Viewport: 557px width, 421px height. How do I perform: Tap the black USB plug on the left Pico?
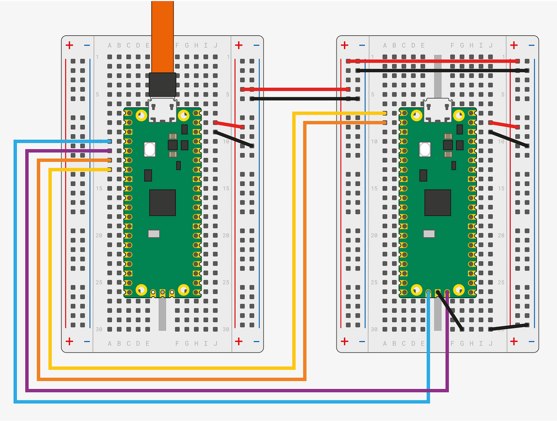(x=163, y=85)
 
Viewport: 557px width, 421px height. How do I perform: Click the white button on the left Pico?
(x=150, y=149)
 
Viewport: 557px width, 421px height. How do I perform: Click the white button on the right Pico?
(x=425, y=149)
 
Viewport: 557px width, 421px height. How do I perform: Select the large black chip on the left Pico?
(x=163, y=203)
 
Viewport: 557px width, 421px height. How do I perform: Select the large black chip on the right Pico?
(x=438, y=203)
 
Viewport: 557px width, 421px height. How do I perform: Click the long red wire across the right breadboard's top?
(x=432, y=61)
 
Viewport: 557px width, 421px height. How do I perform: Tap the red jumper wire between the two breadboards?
(x=295, y=89)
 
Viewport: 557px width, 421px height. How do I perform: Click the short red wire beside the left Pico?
(x=229, y=125)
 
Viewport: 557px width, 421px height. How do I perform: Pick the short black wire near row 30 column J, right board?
(x=509, y=327)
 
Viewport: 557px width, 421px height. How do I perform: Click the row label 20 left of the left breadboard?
(x=99, y=235)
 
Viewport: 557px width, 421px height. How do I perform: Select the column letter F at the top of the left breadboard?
(x=177, y=45)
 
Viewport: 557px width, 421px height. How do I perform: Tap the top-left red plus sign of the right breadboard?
(x=344, y=45)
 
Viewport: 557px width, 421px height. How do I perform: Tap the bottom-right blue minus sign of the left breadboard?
(x=256, y=341)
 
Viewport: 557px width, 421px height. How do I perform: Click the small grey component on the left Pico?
(x=154, y=233)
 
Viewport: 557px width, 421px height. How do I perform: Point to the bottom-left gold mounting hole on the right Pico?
(x=416, y=290)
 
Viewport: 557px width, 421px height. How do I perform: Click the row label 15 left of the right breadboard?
(x=374, y=188)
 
